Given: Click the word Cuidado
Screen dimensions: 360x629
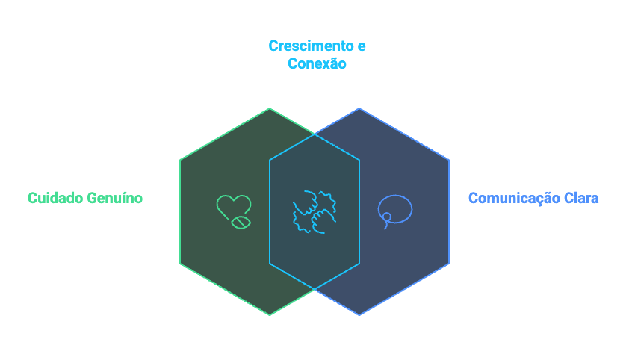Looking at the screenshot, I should click(55, 198).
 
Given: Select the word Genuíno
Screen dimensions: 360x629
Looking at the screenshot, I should click(114, 198).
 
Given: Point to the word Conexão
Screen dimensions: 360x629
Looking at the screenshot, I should click(317, 63).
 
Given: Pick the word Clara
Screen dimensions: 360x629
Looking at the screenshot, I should click(581, 198).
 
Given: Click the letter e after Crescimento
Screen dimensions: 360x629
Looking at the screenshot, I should click(362, 46).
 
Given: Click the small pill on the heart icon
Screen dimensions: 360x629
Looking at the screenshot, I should click(240, 222).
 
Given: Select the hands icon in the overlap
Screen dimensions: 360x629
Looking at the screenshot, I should click(314, 211).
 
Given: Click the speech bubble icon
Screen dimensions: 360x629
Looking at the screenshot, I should click(394, 210).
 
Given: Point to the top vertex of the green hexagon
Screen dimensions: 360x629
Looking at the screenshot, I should click(270, 108).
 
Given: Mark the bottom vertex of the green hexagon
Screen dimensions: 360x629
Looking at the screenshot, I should click(270, 315).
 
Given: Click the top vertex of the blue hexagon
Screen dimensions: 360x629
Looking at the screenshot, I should click(359, 108).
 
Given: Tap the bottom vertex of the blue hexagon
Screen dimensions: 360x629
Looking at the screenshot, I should click(359, 315).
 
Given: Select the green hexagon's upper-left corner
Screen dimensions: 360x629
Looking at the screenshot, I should click(180, 159).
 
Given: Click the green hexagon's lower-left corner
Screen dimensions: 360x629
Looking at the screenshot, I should click(180, 264).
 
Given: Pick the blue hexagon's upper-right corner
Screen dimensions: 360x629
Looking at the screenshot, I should click(449, 159).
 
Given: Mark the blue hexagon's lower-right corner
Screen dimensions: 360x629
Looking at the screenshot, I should click(449, 264).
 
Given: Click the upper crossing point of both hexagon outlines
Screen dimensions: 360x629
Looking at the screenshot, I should click(314, 134).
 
